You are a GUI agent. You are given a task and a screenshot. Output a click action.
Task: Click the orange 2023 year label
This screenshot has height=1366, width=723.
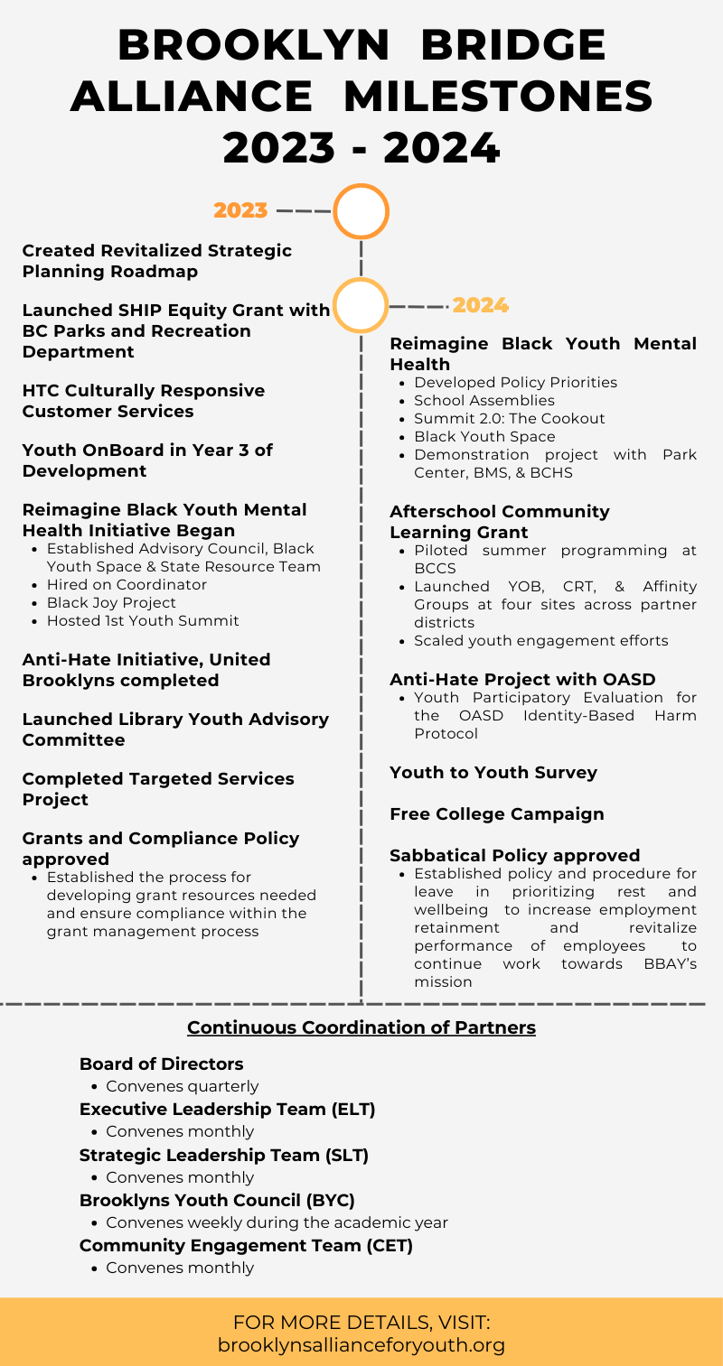pyautogui.click(x=240, y=210)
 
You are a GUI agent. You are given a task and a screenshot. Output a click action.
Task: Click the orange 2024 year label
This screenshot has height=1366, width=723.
pyautogui.click(x=480, y=305)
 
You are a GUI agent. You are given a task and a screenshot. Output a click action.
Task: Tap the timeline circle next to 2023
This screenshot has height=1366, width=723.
pyautogui.click(x=361, y=211)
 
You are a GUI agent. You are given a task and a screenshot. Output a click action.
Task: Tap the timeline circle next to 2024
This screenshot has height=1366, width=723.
pyautogui.click(x=361, y=305)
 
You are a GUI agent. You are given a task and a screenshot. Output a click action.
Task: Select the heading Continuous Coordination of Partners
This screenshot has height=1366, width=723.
pyautogui.click(x=361, y=1027)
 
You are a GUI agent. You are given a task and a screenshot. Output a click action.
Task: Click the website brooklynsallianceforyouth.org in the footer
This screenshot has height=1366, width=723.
pyautogui.click(x=361, y=1344)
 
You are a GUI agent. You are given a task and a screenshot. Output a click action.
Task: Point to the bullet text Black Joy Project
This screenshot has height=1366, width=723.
pyautogui.click(x=111, y=602)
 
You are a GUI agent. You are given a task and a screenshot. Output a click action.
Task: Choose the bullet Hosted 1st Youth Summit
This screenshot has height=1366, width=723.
pyautogui.click(x=143, y=620)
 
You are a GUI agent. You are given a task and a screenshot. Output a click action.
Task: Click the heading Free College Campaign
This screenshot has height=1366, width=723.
pyautogui.click(x=496, y=813)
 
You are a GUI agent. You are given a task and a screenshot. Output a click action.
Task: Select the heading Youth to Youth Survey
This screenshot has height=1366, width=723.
pyautogui.click(x=493, y=772)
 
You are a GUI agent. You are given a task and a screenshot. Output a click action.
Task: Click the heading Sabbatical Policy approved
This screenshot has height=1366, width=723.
pyautogui.click(x=514, y=855)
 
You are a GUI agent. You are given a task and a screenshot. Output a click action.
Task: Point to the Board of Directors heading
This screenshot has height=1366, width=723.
pyautogui.click(x=161, y=1064)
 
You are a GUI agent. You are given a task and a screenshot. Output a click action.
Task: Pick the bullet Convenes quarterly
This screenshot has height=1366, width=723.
pyautogui.click(x=182, y=1086)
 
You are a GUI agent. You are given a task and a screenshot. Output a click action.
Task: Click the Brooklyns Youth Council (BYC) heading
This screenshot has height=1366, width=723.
pyautogui.click(x=217, y=1200)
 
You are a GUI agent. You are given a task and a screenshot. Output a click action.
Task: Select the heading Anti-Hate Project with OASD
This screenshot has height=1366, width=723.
pyautogui.click(x=522, y=679)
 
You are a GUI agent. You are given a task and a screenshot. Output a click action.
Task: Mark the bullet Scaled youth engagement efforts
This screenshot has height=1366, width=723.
pyautogui.click(x=540, y=640)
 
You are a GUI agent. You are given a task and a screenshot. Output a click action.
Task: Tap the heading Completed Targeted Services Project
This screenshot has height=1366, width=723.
pyautogui.click(x=158, y=788)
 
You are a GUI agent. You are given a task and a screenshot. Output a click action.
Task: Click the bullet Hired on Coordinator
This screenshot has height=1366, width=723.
pyautogui.click(x=127, y=584)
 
